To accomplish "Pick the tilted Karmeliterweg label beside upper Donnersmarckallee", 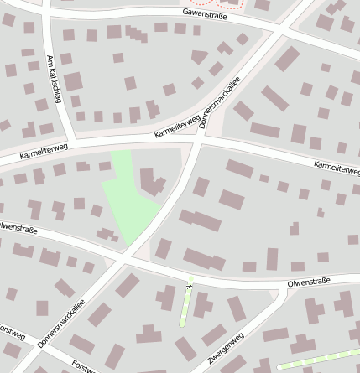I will (177, 127).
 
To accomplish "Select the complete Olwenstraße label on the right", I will (309, 282).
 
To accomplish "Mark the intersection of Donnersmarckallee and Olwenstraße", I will (126, 259).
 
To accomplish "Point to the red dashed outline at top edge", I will (240, 4).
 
